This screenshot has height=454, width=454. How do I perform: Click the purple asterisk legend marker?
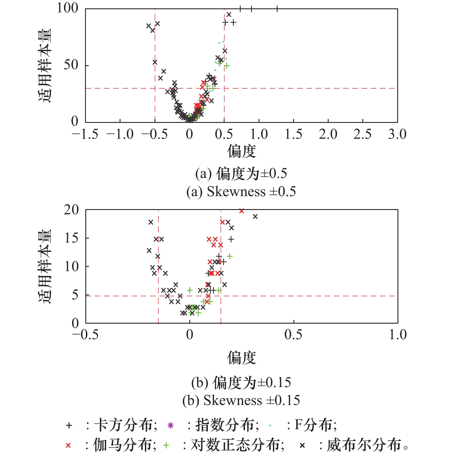170,425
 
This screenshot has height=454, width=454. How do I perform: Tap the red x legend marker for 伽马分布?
68,445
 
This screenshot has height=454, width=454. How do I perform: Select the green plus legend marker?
166,445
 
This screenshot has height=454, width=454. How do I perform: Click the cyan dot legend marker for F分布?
270,425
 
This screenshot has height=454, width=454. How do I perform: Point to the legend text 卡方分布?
125,425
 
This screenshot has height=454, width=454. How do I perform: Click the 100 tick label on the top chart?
67,8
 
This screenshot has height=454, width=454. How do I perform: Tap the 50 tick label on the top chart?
71,65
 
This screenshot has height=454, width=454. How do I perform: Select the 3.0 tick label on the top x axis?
397,134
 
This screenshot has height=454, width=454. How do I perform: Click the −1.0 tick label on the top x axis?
120,134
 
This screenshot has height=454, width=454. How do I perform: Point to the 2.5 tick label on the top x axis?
362,134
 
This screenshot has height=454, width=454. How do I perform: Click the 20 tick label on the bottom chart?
71,210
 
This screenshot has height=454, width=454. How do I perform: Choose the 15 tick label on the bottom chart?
71,238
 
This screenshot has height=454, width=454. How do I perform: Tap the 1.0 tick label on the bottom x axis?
398,335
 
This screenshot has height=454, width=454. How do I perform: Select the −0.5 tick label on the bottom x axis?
85,335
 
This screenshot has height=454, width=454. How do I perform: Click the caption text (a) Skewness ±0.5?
241,192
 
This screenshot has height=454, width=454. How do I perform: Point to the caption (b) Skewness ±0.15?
241,400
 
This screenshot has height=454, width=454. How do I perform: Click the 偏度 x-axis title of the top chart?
241,151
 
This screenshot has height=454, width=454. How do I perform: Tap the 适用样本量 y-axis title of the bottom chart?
45,266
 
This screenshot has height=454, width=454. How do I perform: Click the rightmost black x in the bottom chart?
255,216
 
